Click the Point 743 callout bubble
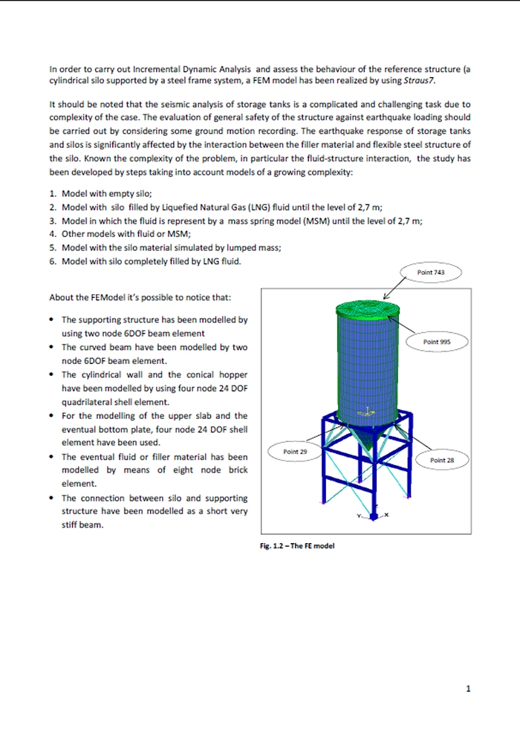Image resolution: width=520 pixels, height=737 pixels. pyautogui.click(x=431, y=273)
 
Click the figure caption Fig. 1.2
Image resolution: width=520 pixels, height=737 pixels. pyautogui.click(x=296, y=546)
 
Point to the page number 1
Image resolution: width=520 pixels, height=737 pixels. pyautogui.click(x=468, y=689)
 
